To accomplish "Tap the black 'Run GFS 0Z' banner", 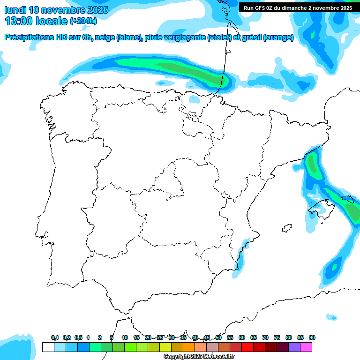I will click(x=298, y=7).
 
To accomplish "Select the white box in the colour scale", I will click(x=48, y=347).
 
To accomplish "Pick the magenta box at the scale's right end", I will click(x=307, y=347).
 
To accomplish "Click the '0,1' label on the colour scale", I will click(x=55, y=337).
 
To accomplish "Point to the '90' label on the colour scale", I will click(x=312, y=337).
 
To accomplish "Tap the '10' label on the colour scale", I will click(x=125, y=337).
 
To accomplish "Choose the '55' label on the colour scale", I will click(x=230, y=337).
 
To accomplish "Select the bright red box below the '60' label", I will click(x=247, y=347).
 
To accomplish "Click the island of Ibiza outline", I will click(x=287, y=228).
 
